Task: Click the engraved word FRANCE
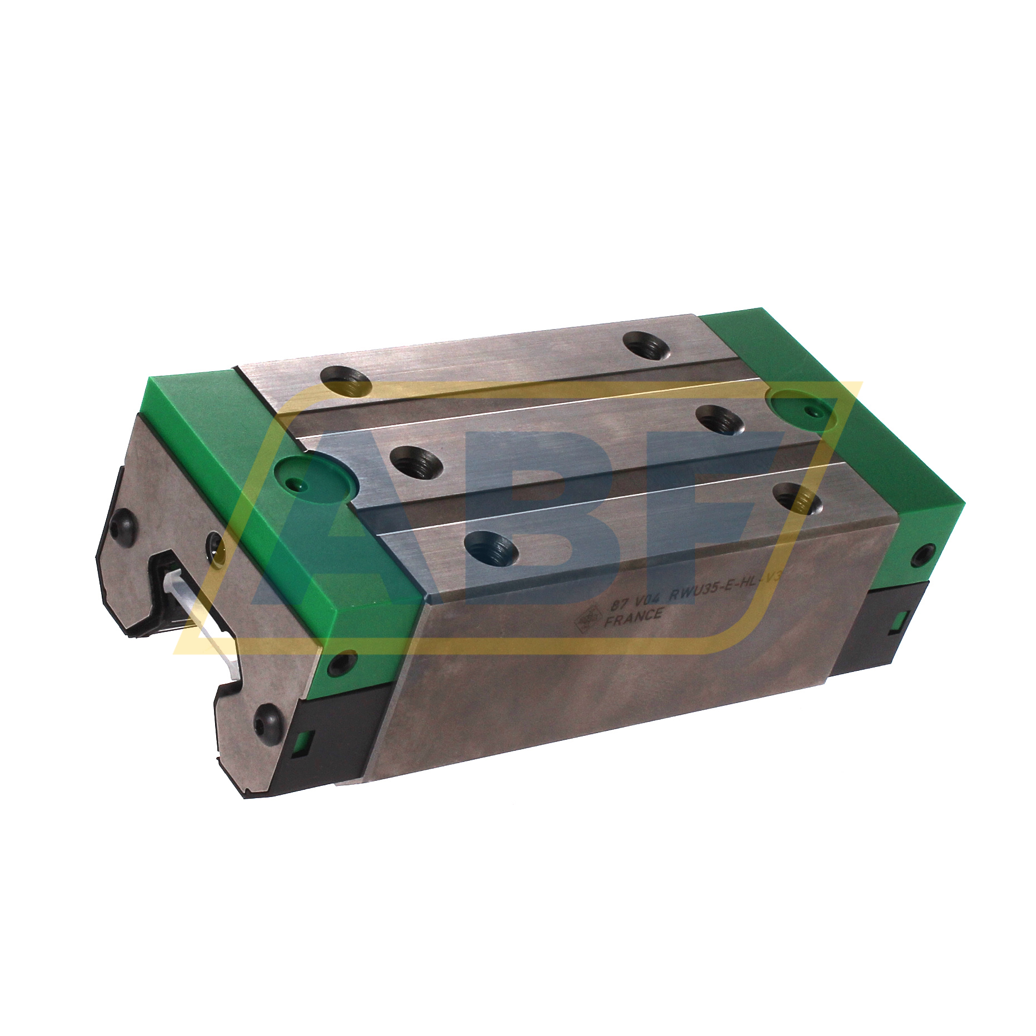click(633, 616)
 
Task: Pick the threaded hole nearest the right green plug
click(720, 420)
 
